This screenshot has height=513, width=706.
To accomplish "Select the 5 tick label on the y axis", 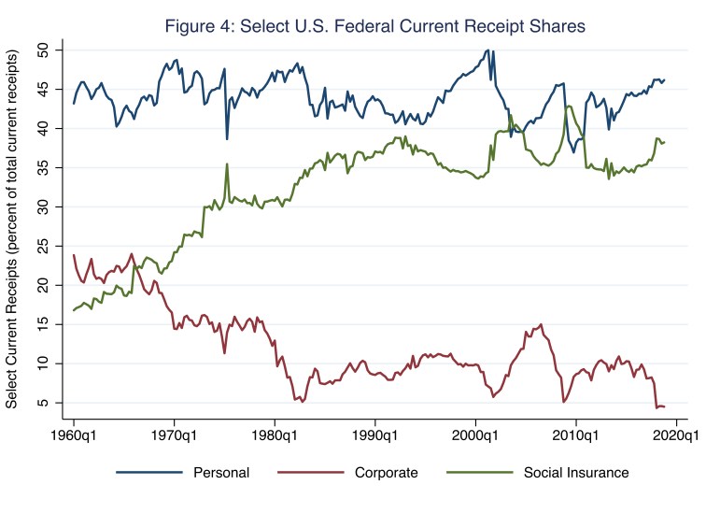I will pyautogui.click(x=44, y=403).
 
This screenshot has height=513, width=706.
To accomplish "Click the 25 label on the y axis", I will pyautogui.click(x=44, y=246).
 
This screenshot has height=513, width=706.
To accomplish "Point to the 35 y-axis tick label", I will pyautogui.click(x=44, y=167).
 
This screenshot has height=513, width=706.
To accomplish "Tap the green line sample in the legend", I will pyautogui.click(x=475, y=472).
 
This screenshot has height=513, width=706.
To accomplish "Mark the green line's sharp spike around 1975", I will pyautogui.click(x=226, y=164).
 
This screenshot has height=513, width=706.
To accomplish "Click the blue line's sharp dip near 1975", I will pyautogui.click(x=226, y=138).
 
